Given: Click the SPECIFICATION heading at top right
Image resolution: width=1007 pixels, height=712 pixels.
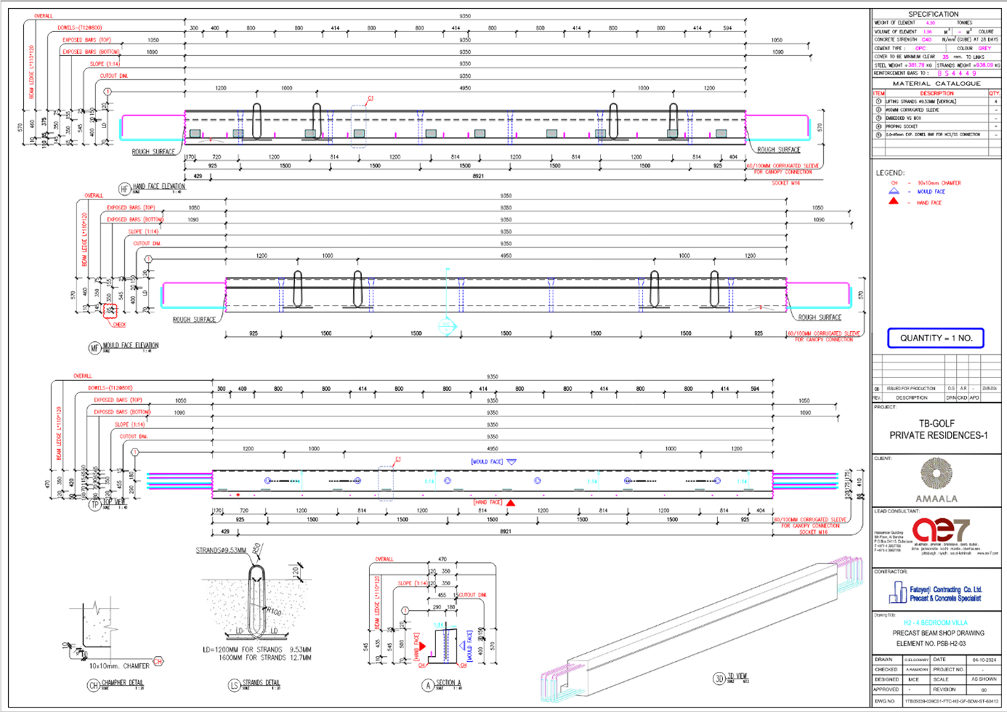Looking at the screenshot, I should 933,14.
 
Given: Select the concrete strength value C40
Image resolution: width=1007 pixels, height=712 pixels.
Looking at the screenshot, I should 926,40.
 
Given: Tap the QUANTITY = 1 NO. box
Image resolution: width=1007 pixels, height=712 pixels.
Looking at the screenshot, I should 936,338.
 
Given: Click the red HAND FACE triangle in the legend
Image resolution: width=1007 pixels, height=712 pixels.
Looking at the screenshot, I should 893,202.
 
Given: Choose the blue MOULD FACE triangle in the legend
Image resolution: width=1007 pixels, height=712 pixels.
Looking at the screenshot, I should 893,191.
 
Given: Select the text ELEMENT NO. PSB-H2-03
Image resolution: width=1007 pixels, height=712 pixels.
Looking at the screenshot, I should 931,643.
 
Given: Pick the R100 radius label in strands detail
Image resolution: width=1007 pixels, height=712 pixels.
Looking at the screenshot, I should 274,612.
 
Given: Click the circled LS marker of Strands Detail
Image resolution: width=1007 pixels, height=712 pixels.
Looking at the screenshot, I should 234,684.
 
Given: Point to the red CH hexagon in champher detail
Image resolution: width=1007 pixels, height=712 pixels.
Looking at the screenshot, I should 158,662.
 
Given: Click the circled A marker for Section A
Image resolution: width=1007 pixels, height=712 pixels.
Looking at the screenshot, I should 428,684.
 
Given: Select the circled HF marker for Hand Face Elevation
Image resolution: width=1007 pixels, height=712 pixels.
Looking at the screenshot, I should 124,189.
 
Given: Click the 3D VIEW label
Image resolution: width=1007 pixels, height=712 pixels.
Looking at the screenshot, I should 737,676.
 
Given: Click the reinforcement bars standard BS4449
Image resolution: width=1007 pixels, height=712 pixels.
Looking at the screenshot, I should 957,74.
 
